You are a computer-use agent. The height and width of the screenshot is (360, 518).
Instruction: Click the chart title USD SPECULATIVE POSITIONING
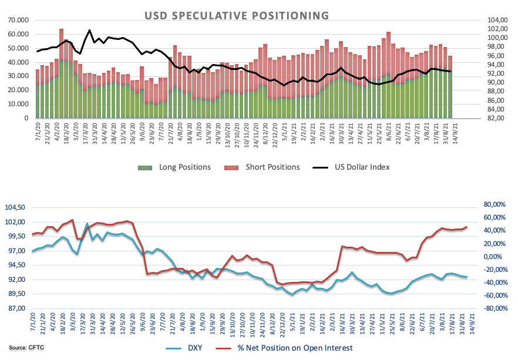pyautogui.click(x=237, y=14)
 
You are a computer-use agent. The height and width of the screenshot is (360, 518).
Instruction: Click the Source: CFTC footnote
pyautogui.click(x=26, y=348)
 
